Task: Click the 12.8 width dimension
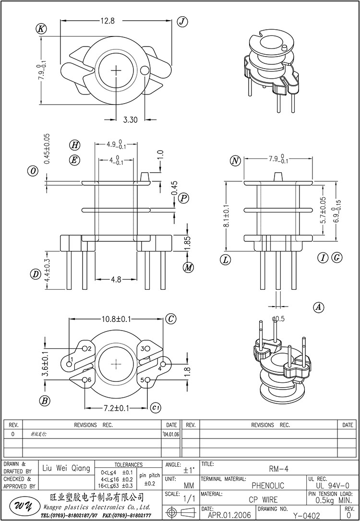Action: [108, 21]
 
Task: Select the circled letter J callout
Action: [182, 21]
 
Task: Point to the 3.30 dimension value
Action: [131, 119]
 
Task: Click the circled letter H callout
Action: [74, 145]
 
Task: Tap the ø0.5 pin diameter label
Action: [278, 319]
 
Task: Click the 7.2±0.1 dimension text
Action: [116, 408]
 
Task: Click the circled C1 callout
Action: [155, 408]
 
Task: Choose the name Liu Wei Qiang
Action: [66, 468]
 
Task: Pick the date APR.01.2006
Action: [229, 515]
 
